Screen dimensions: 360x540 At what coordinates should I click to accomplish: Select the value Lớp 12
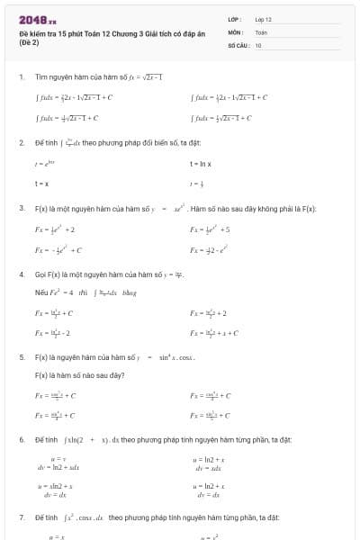click(x=263, y=18)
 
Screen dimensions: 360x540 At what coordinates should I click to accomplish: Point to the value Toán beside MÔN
click(x=261, y=31)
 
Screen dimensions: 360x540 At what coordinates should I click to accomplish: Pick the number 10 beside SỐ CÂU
click(x=258, y=44)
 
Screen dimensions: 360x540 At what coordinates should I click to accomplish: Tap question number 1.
click(x=21, y=76)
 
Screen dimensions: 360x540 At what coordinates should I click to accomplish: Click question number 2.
click(x=21, y=142)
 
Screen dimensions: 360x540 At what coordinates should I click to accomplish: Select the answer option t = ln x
click(x=199, y=163)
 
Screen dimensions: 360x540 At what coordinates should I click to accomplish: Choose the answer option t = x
click(x=40, y=183)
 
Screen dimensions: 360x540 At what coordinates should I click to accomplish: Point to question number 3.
click(x=21, y=208)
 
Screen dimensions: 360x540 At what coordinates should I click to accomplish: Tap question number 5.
click(x=21, y=357)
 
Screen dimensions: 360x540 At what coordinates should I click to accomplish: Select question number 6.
click(x=21, y=439)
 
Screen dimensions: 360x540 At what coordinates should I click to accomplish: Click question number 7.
click(x=21, y=517)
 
